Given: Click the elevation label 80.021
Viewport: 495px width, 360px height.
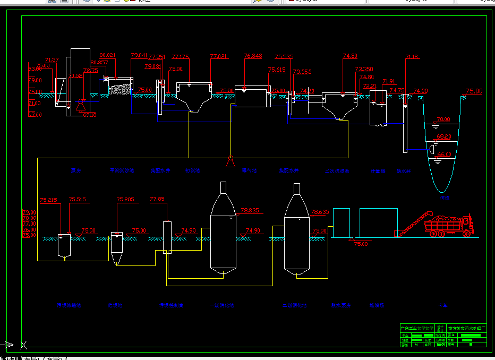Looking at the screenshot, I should click(x=107, y=55).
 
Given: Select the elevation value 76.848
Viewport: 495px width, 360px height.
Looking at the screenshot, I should click(x=253, y=56).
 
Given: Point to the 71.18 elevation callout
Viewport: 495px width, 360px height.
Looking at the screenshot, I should click(x=412, y=57).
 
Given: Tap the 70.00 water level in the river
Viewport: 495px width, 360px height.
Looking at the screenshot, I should click(x=443, y=119).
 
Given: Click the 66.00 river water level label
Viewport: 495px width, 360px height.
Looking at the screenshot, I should click(x=443, y=155).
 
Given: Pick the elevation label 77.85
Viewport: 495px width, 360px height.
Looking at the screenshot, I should click(x=157, y=199).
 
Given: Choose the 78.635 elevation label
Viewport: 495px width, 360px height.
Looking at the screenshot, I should click(x=320, y=212).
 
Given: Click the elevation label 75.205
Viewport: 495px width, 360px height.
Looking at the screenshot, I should click(x=125, y=200).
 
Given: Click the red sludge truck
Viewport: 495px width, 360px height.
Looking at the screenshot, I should click(x=450, y=225).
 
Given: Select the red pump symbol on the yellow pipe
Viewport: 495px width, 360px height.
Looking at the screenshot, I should click(x=231, y=161).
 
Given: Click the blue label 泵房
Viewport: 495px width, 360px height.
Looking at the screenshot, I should click(x=76, y=171).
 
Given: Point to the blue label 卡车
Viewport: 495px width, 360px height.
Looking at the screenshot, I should click(x=442, y=306).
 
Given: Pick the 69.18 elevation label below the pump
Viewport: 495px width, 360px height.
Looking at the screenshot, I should click(x=90, y=115).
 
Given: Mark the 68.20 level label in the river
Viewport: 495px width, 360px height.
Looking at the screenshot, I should click(x=443, y=136).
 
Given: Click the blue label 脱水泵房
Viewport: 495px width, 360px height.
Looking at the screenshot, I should click(x=340, y=306).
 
